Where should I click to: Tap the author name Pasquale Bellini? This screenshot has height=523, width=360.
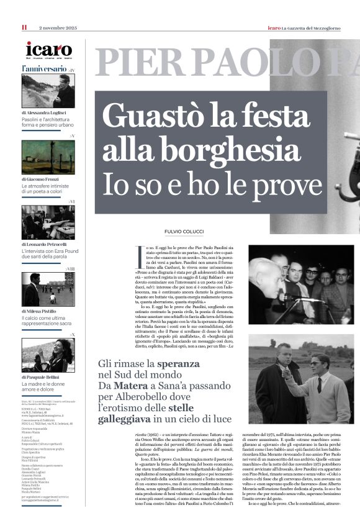[x=45, y=377]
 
